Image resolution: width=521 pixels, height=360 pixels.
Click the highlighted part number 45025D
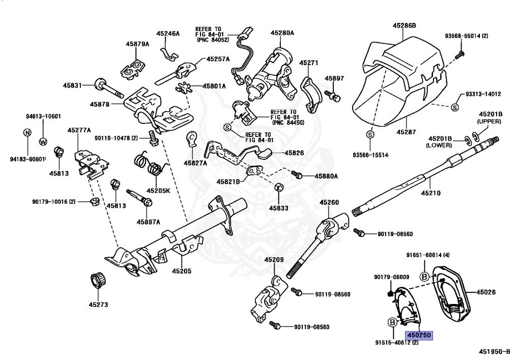click(418, 336)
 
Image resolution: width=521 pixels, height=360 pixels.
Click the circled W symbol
click(43, 141)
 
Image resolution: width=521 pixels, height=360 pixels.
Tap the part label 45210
click(430, 193)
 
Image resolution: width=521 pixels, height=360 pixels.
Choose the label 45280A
click(282, 33)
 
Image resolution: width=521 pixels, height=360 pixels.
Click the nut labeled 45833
click(279, 188)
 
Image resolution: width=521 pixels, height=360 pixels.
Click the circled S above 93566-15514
click(370, 134)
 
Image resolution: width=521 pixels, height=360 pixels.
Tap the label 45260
click(329, 203)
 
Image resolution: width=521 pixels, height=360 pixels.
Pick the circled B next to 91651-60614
click(423, 276)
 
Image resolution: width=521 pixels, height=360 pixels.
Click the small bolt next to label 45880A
click(298, 176)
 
